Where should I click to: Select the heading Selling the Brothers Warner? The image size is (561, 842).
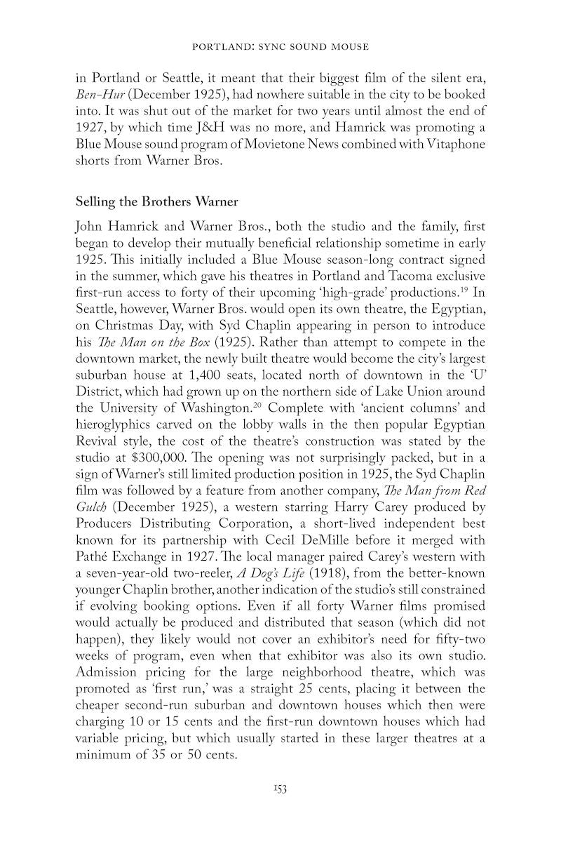pos(156,201)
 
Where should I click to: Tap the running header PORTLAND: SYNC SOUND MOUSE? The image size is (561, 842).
pos(280,47)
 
